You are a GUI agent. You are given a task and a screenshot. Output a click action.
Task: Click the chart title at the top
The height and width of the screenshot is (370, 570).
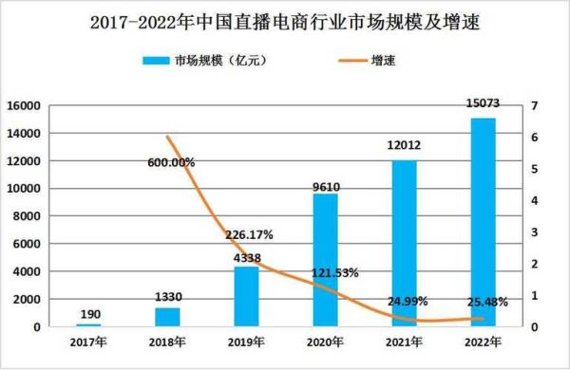click(284, 20)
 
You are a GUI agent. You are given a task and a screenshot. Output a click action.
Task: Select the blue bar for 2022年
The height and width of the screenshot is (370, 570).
click(484, 223)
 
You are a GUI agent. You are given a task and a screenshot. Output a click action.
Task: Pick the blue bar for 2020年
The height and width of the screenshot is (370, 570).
click(326, 261)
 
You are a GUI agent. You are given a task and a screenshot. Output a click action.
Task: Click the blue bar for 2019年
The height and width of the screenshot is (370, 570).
click(247, 297)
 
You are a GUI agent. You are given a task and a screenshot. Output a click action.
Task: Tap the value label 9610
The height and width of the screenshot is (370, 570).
click(326, 185)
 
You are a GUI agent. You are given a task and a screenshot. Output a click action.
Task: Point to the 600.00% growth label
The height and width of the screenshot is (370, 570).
click(172, 162)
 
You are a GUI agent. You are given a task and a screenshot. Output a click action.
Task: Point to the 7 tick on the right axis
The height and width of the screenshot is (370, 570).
click(536, 106)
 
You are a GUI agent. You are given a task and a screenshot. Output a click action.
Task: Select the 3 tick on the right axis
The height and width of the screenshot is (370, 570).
click(536, 232)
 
